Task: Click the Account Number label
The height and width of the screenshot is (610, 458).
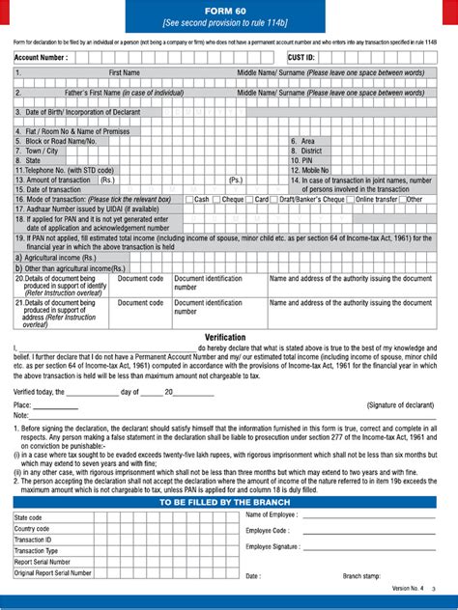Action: click(41, 58)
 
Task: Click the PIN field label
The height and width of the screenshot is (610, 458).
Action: click(304, 160)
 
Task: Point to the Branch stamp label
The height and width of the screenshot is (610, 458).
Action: click(365, 577)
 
